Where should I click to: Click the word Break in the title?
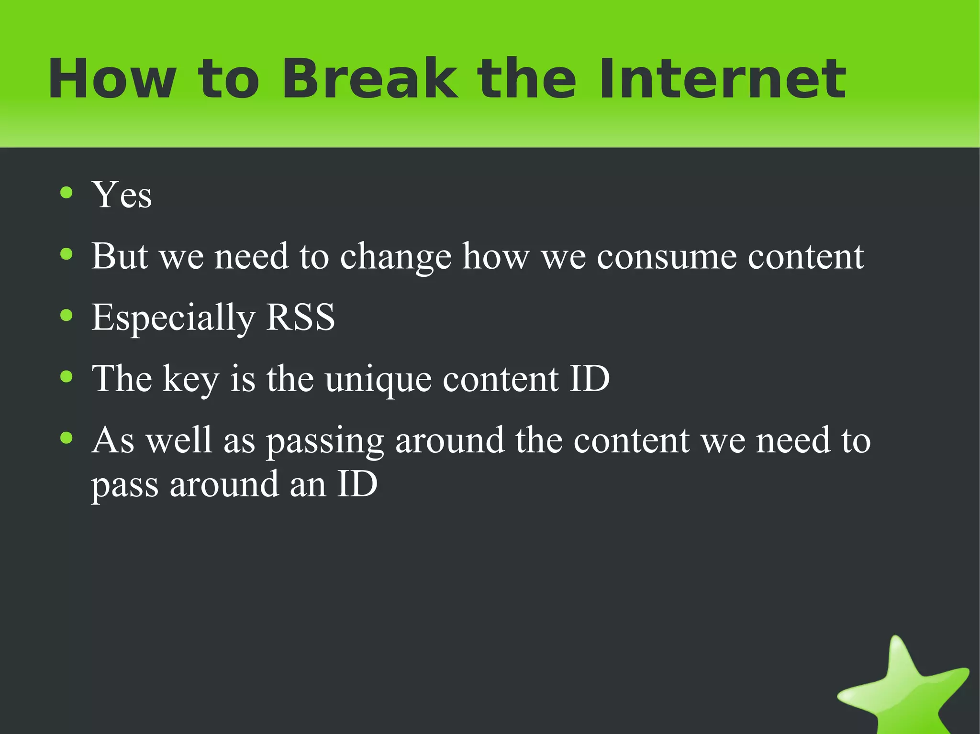pyautogui.click(x=369, y=79)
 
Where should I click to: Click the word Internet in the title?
pyautogui.click(x=723, y=79)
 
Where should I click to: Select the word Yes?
pyautogui.click(x=122, y=195)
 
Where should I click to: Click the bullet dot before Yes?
pyautogui.click(x=67, y=193)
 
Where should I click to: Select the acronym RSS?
pyautogui.click(x=300, y=317)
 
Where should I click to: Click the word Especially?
pyautogui.click(x=173, y=318)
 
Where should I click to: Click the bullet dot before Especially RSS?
pyautogui.click(x=67, y=315)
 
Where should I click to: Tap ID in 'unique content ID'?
pyautogui.click(x=589, y=379)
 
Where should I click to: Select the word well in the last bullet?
pyautogui.click(x=178, y=440)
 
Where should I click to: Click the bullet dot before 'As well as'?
pyautogui.click(x=67, y=438)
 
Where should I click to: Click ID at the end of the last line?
pyautogui.click(x=357, y=484)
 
